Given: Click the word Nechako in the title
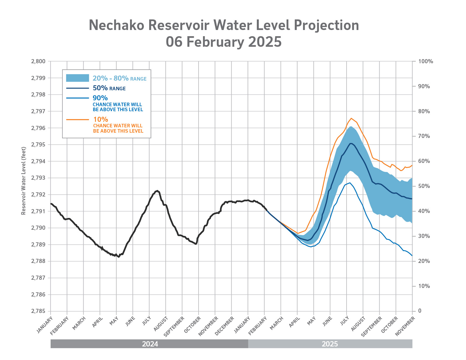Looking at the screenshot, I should coord(116,25).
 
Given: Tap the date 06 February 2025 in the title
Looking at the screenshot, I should coord(224,42).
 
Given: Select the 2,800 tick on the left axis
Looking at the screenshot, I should coord(38,61).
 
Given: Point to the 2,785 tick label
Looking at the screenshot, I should coord(38,311).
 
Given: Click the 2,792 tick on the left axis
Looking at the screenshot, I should coord(38,195).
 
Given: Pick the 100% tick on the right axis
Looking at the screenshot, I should coord(426,61).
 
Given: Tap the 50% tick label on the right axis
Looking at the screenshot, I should coord(424,186).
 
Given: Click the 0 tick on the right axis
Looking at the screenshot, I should coord(420,311).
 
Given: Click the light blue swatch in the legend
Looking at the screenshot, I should coord(77,78).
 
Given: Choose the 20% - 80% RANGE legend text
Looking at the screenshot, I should coord(119,78).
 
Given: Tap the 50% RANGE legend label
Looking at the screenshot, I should coord(109,88).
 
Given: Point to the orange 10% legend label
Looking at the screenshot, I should coord(101,119).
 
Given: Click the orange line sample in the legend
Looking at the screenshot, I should coord(77,120).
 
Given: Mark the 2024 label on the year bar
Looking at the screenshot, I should coord(150,344).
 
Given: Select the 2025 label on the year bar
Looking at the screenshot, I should coord(330,344).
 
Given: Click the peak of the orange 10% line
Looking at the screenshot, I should coord(351,118).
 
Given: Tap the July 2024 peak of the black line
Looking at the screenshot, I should coord(157,191).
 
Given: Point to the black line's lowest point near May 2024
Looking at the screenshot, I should coord(119,257).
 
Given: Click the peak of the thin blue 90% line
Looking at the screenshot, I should coord(349,183).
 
